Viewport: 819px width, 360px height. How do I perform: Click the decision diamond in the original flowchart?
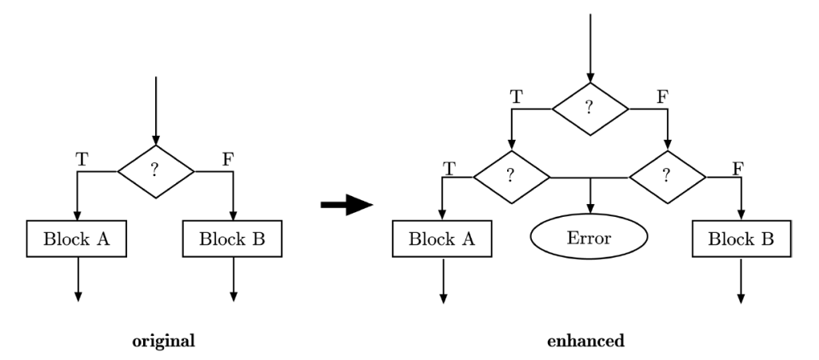[x=156, y=171]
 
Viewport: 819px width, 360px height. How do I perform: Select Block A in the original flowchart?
[x=76, y=238]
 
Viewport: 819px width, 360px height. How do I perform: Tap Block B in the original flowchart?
[x=233, y=238]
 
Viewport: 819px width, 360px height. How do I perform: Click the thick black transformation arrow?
[x=346, y=204]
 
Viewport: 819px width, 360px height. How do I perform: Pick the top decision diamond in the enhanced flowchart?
[x=590, y=109]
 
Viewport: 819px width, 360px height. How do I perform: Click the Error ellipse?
[x=589, y=236]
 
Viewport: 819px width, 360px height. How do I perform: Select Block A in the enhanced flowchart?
[x=441, y=238]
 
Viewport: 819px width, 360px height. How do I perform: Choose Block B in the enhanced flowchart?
[x=741, y=238]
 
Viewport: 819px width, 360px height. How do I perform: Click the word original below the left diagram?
[x=163, y=341]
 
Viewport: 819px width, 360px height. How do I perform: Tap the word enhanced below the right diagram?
[x=585, y=341]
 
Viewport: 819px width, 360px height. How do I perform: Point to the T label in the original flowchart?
[x=82, y=159]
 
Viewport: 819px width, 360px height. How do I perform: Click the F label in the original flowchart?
[x=227, y=159]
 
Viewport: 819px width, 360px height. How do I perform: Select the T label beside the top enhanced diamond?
[x=516, y=97]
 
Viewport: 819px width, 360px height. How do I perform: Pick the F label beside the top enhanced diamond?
[x=662, y=97]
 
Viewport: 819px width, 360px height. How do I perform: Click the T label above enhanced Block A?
[x=449, y=169]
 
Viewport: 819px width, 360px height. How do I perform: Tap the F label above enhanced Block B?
[x=737, y=169]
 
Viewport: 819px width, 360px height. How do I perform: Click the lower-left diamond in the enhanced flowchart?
[x=512, y=177]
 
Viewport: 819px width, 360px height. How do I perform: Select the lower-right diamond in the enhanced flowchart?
[x=668, y=177]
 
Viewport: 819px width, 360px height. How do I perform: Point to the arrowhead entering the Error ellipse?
[x=590, y=209]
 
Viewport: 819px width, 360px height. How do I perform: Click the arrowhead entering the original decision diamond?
[x=156, y=140]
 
